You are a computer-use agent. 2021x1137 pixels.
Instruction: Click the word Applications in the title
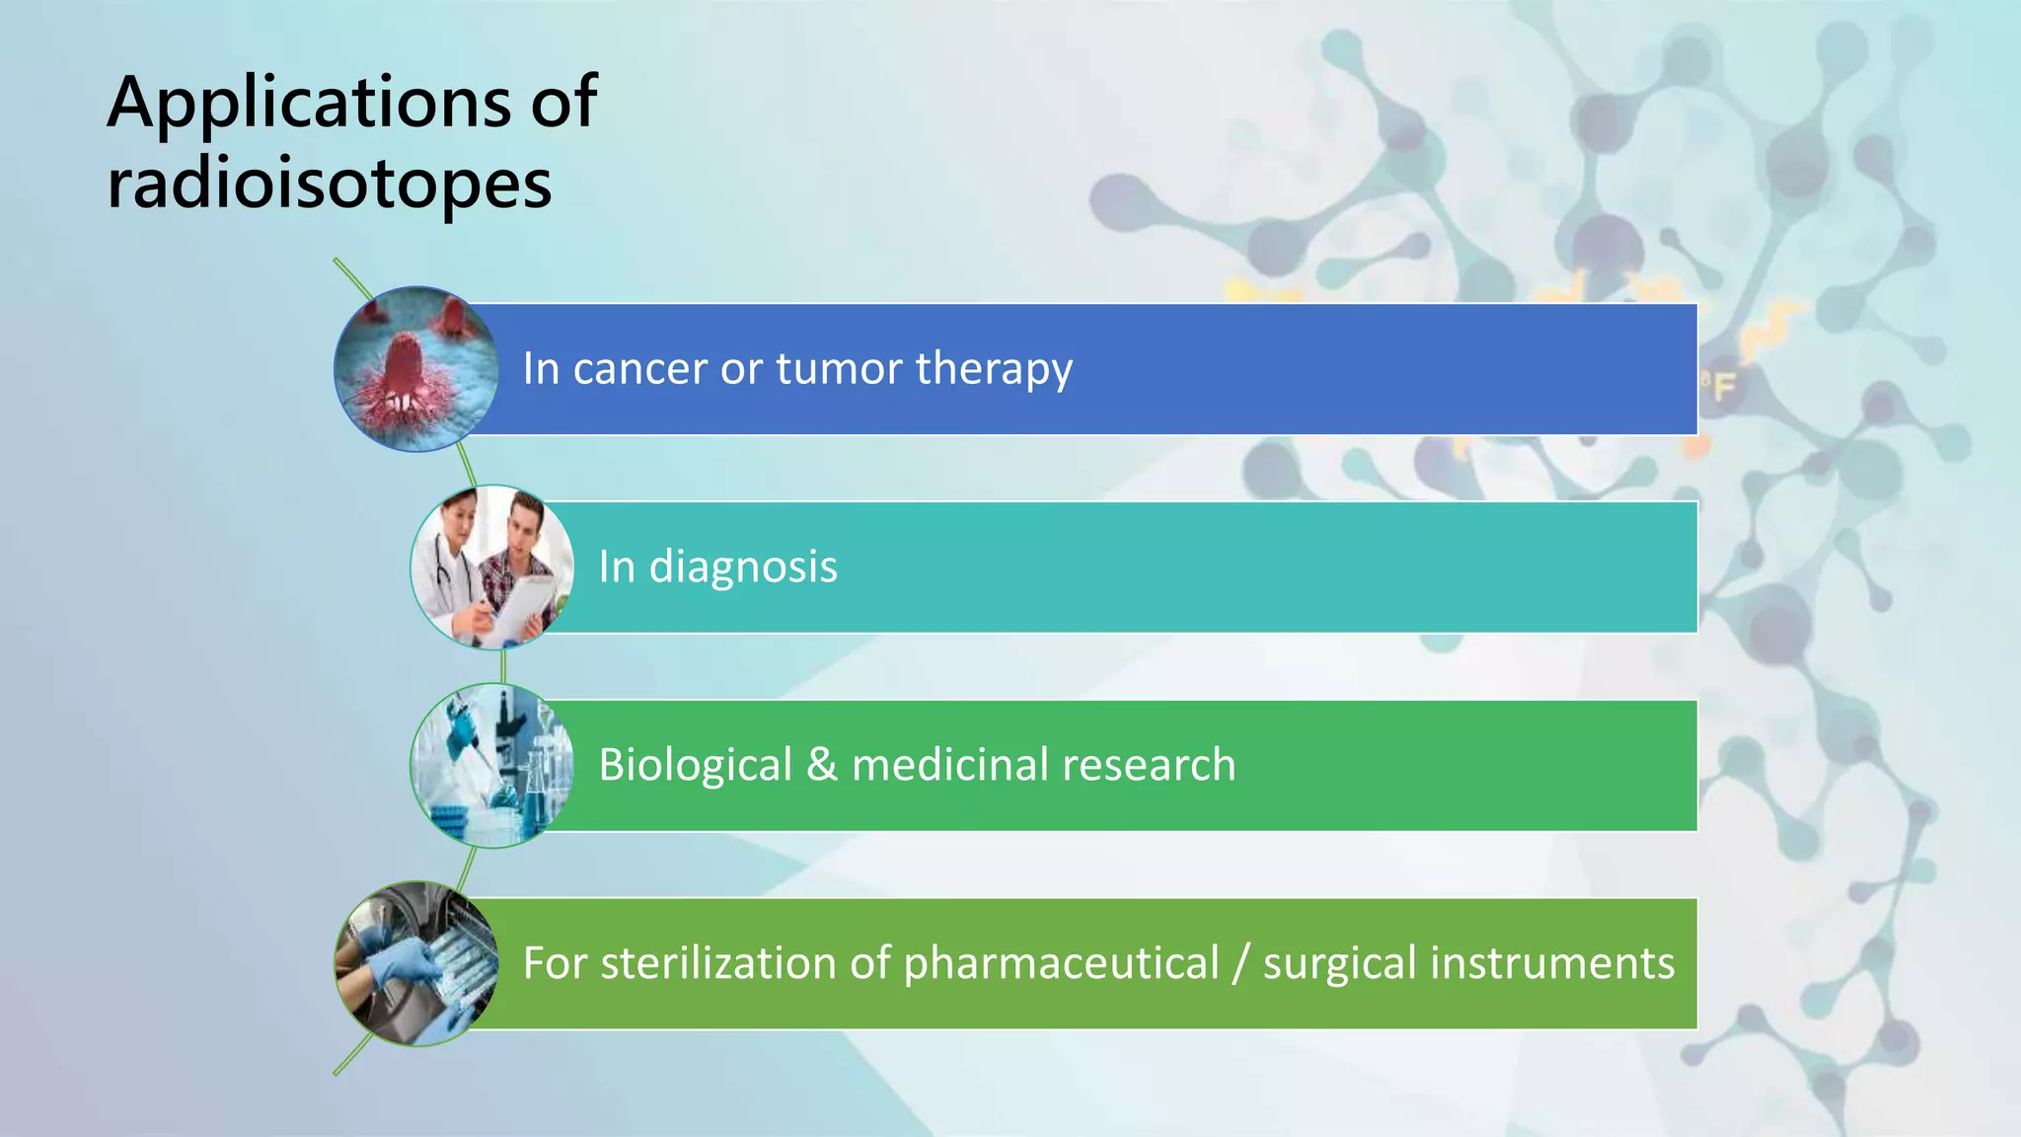(309, 103)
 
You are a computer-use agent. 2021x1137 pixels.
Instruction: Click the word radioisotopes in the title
(329, 185)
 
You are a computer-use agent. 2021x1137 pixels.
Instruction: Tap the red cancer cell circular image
(415, 369)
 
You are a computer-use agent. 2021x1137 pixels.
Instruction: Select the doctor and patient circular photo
(491, 568)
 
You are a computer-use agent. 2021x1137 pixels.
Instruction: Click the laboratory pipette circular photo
(491, 766)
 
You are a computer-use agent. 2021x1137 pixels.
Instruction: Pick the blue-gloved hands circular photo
(415, 964)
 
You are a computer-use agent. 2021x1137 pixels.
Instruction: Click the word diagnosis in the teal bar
(743, 568)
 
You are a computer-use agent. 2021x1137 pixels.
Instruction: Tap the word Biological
(695, 766)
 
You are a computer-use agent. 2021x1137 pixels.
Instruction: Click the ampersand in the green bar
(821, 766)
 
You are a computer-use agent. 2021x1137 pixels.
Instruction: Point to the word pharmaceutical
(1061, 964)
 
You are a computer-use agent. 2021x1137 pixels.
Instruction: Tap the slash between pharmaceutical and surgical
(1240, 964)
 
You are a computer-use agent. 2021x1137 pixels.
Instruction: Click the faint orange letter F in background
(1723, 387)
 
